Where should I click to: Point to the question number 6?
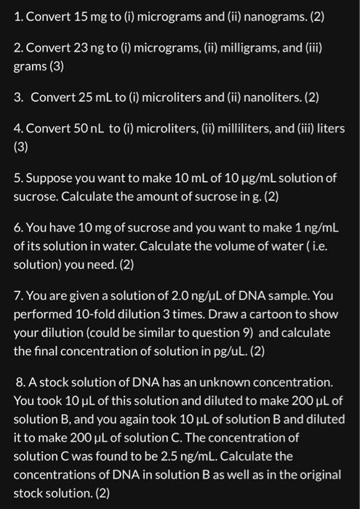click(18, 230)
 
